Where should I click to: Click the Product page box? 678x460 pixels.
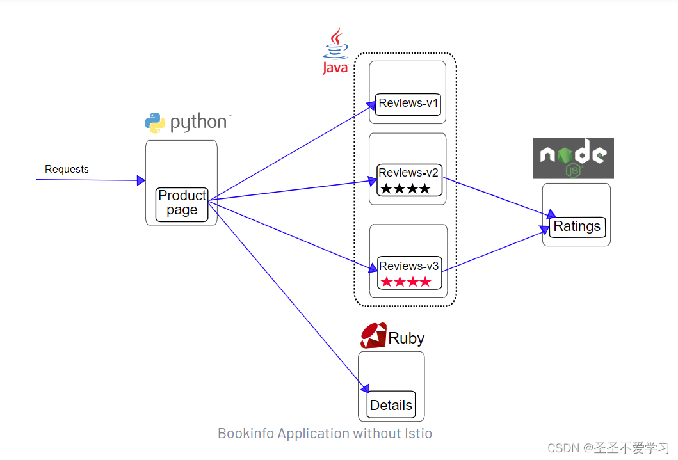tap(182, 204)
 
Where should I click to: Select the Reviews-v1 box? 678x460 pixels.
tap(408, 104)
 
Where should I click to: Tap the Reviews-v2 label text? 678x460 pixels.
tap(408, 172)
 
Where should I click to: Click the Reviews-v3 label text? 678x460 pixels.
tap(408, 266)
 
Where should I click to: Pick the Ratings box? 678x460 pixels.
tap(577, 226)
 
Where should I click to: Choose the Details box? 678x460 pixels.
tap(391, 405)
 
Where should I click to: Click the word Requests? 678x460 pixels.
tap(67, 170)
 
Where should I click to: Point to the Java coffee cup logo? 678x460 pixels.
tap(335, 45)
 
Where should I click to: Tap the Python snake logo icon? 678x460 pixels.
tap(155, 122)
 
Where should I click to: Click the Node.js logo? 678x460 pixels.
tap(573, 158)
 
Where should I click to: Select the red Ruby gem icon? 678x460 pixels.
tap(373, 336)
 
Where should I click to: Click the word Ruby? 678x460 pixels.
tap(406, 338)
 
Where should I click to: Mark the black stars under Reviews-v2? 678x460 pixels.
tap(405, 189)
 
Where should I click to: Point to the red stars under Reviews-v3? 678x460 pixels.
tap(405, 282)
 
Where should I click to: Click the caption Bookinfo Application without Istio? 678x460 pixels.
tap(325, 433)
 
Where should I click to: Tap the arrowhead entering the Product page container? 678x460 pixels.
tap(141, 181)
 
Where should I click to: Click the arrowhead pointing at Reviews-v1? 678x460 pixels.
tap(371, 104)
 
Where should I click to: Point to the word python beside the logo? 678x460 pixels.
tap(198, 122)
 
